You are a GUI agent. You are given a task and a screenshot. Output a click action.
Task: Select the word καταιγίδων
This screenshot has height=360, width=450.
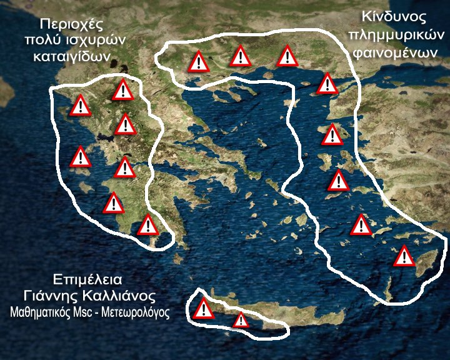(x=75, y=56)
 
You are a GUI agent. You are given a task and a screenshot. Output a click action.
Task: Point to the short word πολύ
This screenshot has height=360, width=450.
(x=43, y=40)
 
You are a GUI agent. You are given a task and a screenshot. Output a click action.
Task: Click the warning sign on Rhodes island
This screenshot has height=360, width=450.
(x=404, y=256)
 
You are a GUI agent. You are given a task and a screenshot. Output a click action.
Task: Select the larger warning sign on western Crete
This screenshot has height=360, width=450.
(x=204, y=309)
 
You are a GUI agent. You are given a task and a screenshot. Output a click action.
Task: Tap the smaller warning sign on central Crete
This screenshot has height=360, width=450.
(x=241, y=321)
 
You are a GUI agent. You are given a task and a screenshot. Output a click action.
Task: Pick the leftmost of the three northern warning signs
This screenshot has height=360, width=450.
(x=199, y=62)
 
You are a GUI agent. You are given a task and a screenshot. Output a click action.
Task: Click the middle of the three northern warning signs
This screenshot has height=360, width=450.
(x=241, y=56)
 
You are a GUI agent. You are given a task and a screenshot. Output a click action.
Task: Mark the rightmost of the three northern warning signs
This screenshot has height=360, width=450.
(x=287, y=56)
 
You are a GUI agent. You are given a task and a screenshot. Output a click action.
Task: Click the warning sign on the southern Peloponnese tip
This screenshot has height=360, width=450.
(x=147, y=225)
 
